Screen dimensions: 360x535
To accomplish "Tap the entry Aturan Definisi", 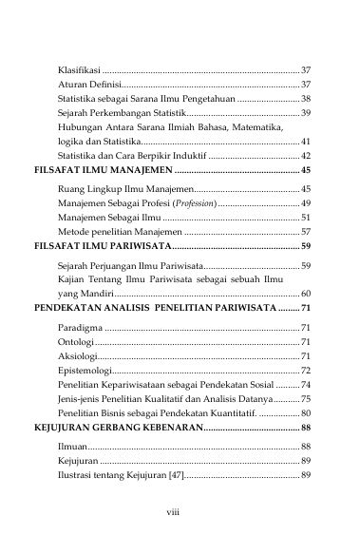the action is pos(88,86).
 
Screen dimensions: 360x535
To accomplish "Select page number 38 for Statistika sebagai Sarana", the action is pos(305,99).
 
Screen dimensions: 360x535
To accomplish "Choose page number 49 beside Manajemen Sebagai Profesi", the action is pos(305,203).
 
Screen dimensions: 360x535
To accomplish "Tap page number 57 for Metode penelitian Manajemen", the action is pos(305,231).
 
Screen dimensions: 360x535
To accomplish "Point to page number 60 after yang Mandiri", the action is pos(305,294).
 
